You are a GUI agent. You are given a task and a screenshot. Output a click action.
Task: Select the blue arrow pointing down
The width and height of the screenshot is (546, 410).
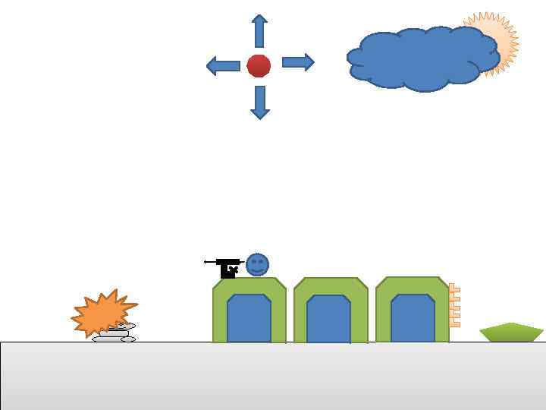pos(260,102)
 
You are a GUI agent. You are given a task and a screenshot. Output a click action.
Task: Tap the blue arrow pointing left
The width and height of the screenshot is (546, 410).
pos(223,66)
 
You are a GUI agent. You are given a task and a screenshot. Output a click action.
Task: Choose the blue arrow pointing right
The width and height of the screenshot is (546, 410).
pos(298,62)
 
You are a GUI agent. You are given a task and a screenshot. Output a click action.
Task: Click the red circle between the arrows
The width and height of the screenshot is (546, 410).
pos(259,66)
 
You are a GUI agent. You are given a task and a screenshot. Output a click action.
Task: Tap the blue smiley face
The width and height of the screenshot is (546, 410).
pos(257,265)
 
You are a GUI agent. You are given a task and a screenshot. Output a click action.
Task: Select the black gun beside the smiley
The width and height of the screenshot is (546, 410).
pos(227,268)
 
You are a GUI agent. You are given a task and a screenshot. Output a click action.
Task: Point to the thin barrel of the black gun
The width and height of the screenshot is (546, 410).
pos(210,262)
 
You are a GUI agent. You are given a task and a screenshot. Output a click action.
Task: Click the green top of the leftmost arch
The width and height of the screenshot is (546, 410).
pos(249,285)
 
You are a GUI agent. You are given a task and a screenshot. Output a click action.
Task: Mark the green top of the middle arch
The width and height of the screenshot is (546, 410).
pos(331,286)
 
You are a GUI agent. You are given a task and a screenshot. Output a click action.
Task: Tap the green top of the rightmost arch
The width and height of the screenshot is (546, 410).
pos(412,285)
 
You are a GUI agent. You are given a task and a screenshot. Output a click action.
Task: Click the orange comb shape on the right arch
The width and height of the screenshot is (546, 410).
pos(454,305)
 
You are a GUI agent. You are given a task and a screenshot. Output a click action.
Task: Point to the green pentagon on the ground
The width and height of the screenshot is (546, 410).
pos(512,333)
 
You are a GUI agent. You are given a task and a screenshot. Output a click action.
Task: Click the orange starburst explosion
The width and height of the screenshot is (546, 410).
pos(101,312)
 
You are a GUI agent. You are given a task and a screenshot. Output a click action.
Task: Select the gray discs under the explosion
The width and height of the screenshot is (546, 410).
pos(114,336)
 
